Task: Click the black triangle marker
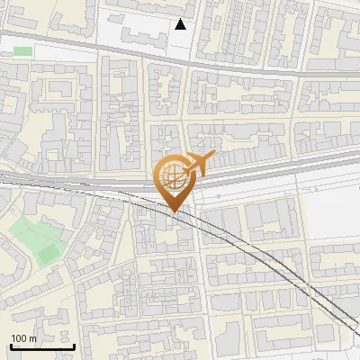pos(181,24)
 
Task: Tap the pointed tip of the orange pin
pos(175,211)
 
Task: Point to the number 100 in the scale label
pos(19,338)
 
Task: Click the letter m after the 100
pos(32,338)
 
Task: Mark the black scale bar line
pos(42,346)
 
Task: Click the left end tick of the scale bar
pos(12,345)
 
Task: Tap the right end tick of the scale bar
pos(74,345)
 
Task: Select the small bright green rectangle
pos(22,51)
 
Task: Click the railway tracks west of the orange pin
pos(72,184)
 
